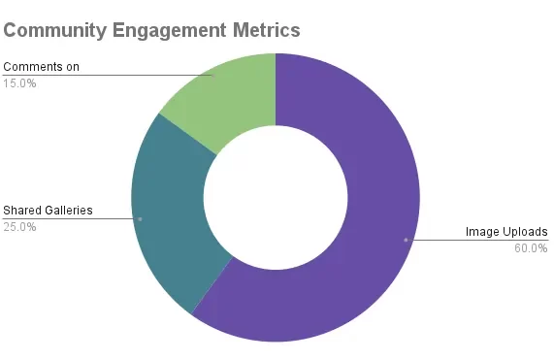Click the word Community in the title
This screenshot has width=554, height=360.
tap(54, 29)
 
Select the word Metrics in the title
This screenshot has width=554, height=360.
tap(262, 29)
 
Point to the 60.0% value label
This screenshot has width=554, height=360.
tap(531, 247)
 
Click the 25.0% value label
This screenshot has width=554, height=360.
tap(19, 227)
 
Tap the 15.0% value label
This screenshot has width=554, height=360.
tap(19, 82)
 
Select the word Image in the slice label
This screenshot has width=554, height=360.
tap(483, 232)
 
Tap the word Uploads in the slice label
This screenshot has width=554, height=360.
tap(527, 232)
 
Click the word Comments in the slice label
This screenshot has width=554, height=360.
tap(32, 67)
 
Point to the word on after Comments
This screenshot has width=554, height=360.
tap(73, 67)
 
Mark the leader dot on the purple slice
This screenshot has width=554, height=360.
tap(406, 239)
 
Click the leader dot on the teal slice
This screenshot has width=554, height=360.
tap(140, 218)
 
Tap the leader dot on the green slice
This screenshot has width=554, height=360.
tap(212, 75)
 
